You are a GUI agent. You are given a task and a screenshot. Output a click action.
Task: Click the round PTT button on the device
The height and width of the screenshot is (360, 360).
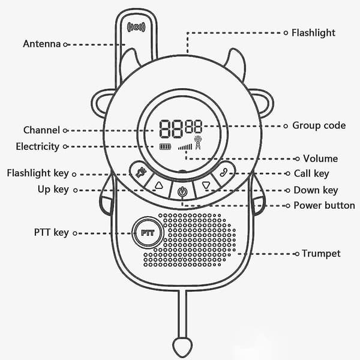point(148,233)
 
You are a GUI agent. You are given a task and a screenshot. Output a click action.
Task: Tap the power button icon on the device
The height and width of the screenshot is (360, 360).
point(182,191)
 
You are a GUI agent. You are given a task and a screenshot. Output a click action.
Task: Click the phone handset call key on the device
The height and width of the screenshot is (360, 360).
point(223,172)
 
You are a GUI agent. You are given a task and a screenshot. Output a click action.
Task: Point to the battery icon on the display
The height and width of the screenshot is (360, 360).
point(166,146)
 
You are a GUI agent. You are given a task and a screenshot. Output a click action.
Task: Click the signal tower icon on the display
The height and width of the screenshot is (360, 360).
point(197,143)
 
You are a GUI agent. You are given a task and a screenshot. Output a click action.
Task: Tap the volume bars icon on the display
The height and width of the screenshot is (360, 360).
point(185,147)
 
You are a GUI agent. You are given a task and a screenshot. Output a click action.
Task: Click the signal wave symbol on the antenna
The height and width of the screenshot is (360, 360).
point(136,27)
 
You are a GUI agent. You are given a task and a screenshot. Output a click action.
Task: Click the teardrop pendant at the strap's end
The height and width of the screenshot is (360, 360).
point(182,347)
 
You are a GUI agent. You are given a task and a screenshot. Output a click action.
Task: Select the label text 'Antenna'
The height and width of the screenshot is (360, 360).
point(42,44)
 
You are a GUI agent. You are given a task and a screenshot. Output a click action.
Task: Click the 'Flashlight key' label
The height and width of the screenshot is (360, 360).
point(38,173)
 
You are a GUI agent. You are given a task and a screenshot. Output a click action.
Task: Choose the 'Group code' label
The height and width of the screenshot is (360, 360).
point(319,126)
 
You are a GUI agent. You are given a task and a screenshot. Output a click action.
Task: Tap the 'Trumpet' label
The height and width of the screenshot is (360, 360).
point(321,254)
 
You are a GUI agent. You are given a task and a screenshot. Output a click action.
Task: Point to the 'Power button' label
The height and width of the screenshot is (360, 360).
point(324,205)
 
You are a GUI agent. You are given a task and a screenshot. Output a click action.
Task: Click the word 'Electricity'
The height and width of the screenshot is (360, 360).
point(37,147)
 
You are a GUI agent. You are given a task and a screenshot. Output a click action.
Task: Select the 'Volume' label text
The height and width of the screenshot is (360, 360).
point(320,158)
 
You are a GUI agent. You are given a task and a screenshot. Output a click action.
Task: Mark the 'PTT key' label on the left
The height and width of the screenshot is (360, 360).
point(52,233)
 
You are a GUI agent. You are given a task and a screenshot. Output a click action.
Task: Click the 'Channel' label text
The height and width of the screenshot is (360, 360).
point(41,130)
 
